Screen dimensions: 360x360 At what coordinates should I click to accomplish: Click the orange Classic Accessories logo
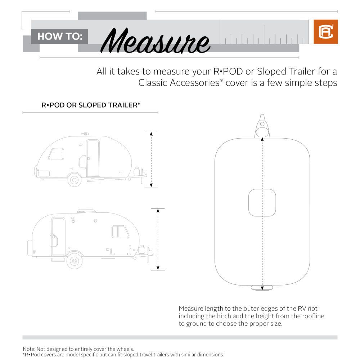pos(325,32)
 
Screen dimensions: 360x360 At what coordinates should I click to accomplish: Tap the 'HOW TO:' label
pos(60,36)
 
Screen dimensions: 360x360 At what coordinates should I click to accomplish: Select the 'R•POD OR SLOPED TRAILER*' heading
pos(91,105)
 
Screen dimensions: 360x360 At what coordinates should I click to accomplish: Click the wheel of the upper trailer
pos(74,179)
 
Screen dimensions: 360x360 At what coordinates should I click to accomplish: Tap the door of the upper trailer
pos(93,158)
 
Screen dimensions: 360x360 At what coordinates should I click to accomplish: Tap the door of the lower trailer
pos(58,236)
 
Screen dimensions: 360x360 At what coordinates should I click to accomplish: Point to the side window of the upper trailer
pos(56,154)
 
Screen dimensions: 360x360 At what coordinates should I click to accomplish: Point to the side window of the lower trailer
pos(120,231)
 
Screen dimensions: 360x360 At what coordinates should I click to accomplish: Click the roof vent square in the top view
pos(262,203)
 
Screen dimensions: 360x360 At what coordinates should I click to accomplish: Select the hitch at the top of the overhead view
pos(262,127)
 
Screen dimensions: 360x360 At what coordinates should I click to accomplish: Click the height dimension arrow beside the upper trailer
pos(151,159)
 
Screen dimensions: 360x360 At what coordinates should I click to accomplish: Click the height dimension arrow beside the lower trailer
pos(157,239)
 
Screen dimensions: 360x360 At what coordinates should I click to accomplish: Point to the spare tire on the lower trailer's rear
pos(30,248)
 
